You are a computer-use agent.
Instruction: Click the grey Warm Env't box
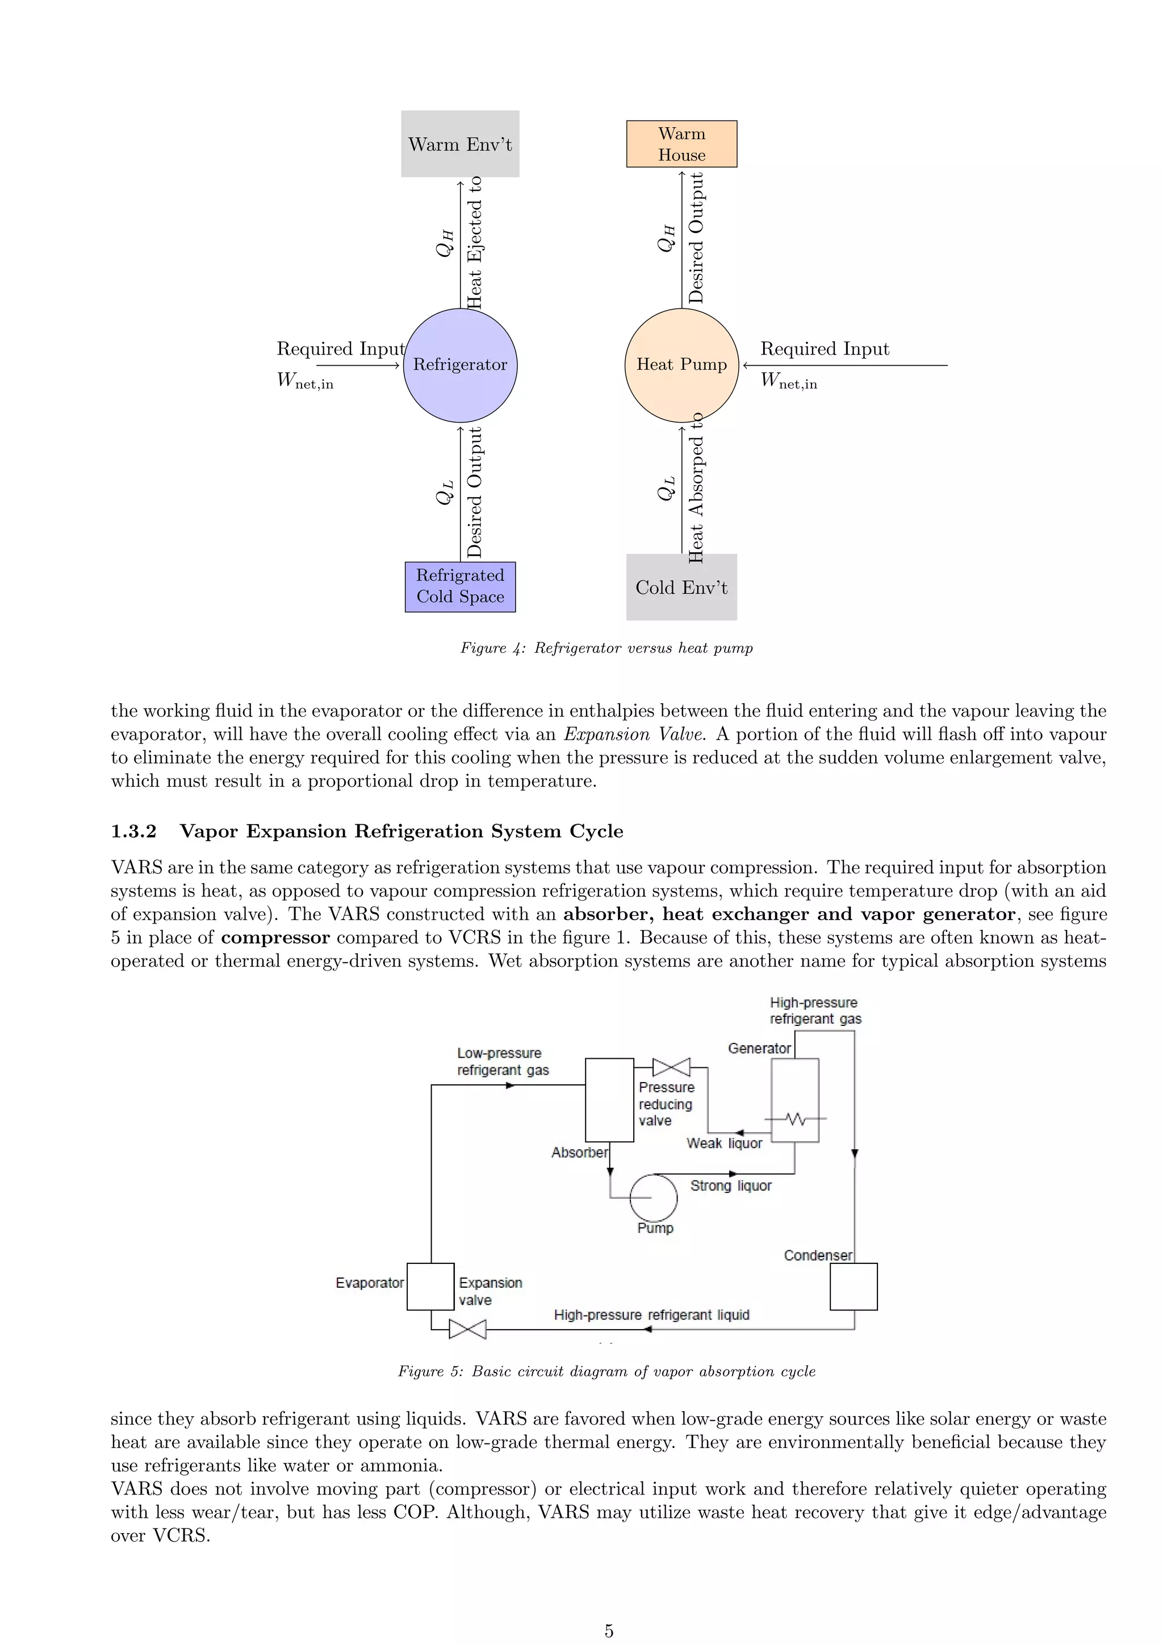[460, 144]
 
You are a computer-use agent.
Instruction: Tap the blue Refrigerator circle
[460, 365]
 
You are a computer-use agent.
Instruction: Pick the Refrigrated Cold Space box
[460, 587]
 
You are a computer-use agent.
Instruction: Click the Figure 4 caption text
[606, 648]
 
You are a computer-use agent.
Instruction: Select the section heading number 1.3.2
[133, 831]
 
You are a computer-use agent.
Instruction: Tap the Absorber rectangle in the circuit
[609, 1100]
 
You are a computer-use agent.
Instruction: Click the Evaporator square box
[430, 1287]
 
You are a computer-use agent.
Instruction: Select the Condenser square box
[854, 1287]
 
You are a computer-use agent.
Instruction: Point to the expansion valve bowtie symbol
[467, 1330]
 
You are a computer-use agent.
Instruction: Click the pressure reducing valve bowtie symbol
[672, 1067]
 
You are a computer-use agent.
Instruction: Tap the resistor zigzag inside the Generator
[796, 1118]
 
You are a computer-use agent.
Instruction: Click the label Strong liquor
[730, 1185]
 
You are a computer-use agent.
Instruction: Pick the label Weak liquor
[724, 1143]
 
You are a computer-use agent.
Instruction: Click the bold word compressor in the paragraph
[275, 938]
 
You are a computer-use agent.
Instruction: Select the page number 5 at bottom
[609, 1631]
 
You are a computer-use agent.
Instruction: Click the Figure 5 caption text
[606, 1371]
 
